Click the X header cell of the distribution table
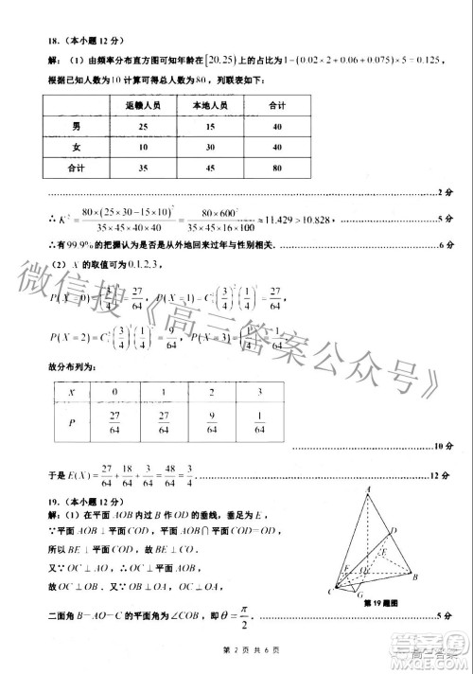click(72, 390)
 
